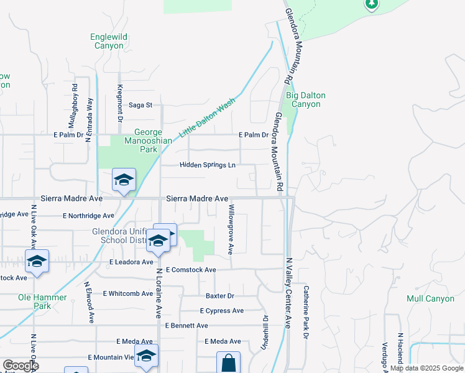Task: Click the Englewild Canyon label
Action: (109, 42)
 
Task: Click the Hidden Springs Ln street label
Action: (208, 165)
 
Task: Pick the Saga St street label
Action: (140, 105)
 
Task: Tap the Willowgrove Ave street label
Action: (231, 229)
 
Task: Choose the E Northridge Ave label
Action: (89, 216)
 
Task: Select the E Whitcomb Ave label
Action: (128, 293)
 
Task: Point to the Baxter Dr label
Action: (220, 296)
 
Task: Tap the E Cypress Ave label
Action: (222, 311)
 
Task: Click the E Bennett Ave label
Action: (186, 326)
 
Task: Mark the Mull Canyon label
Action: (430, 298)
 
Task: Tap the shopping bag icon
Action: (228, 363)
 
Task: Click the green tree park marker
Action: (372, 4)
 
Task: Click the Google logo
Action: (21, 366)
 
